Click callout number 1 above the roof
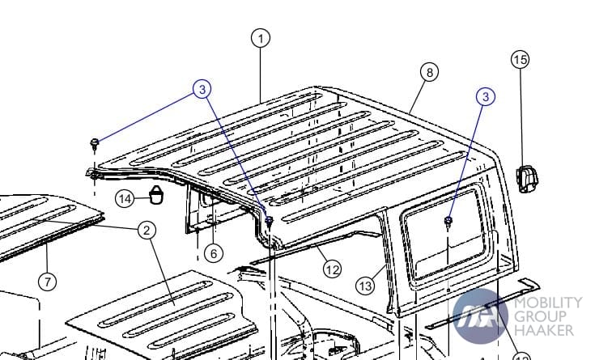pyautogui.click(x=261, y=38)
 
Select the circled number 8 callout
pyautogui.click(x=429, y=72)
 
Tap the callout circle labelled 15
pyautogui.click(x=520, y=60)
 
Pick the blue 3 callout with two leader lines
pyautogui.click(x=202, y=89)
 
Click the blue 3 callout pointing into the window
pyautogui.click(x=486, y=97)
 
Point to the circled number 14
pyautogui.click(x=125, y=199)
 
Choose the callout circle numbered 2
pyautogui.click(x=147, y=230)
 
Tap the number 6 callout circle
pyautogui.click(x=214, y=253)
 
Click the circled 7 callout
pyautogui.click(x=48, y=282)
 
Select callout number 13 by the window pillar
pyautogui.click(x=365, y=286)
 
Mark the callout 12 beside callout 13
pyautogui.click(x=332, y=269)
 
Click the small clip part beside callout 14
pyautogui.click(x=156, y=195)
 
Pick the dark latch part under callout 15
pyautogui.click(x=527, y=179)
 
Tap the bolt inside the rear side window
pyautogui.click(x=448, y=222)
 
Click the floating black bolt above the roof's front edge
pyautogui.click(x=95, y=144)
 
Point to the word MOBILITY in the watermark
pyautogui.click(x=548, y=303)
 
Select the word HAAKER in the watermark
pyautogui.click(x=544, y=330)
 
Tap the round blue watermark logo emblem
pyautogui.click(x=480, y=316)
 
